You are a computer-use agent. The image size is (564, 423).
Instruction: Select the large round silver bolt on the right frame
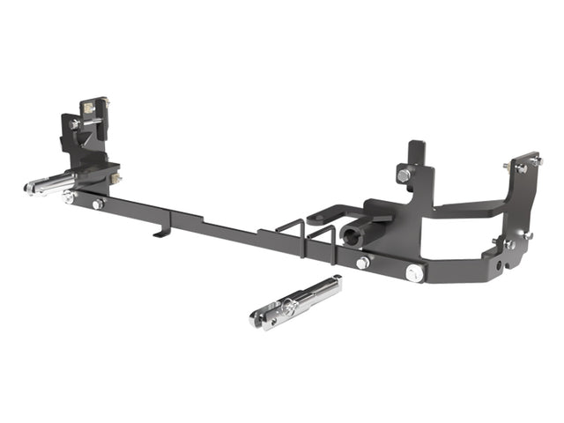[413, 273]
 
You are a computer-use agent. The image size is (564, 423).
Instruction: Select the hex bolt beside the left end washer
[98, 204]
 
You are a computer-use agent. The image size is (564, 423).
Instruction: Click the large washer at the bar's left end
[68, 198]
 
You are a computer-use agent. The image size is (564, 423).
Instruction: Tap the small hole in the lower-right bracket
[500, 264]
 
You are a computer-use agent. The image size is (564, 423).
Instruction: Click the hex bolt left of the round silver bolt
[362, 263]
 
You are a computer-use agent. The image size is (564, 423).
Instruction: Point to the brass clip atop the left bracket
[89, 108]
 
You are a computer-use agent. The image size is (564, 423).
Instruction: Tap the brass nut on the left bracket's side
[115, 179]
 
